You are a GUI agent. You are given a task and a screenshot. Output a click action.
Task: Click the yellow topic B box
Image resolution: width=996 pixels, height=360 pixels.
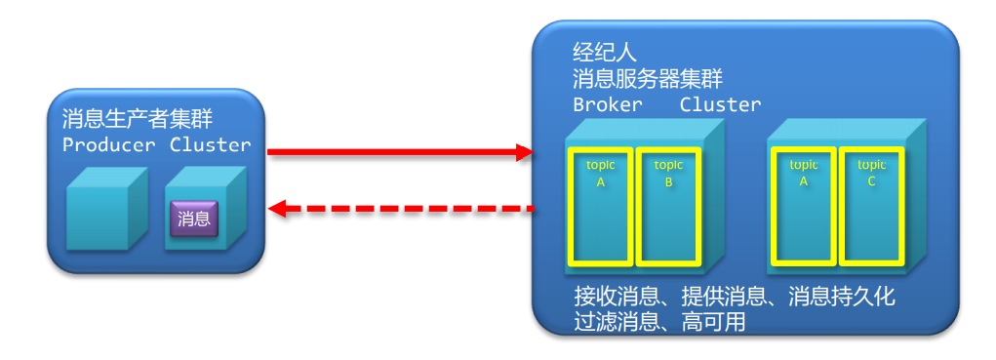668,205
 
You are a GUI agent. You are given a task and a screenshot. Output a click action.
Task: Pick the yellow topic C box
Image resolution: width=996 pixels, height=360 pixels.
871,205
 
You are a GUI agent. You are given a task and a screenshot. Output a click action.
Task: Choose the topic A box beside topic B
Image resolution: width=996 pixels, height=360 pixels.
600,205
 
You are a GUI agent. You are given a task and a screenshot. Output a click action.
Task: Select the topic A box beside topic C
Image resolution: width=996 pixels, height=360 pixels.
804,205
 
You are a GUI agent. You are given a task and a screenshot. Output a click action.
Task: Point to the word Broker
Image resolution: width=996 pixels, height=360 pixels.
607,104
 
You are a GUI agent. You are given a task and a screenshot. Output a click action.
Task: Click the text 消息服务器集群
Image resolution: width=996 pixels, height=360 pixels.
648,79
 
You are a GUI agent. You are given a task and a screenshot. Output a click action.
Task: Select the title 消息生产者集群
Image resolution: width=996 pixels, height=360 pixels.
138,120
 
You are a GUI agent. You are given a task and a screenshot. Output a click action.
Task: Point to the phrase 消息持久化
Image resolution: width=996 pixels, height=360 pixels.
841,296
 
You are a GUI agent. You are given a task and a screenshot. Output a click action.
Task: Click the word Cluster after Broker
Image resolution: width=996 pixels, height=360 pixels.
720,104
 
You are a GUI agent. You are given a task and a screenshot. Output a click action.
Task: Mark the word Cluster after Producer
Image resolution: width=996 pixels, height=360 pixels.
210,145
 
